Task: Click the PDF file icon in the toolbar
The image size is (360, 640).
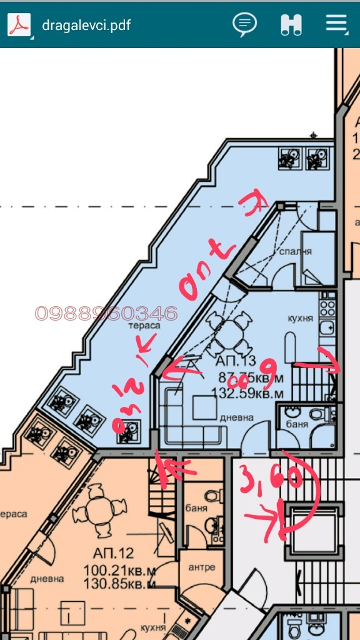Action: point(19,25)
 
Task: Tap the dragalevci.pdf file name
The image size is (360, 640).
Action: point(86,26)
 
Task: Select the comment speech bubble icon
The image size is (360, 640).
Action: point(244,24)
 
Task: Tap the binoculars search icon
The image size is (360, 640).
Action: point(291,24)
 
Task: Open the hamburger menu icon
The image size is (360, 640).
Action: point(336,24)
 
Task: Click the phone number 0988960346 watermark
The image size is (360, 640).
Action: point(106,313)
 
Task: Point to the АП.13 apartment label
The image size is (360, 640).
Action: point(236,361)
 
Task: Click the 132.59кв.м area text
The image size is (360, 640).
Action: point(247,394)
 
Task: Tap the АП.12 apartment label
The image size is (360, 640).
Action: point(113,553)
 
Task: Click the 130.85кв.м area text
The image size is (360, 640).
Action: point(119,584)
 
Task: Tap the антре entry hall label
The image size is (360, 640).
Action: point(201,567)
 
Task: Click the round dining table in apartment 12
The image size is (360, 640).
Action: point(99,514)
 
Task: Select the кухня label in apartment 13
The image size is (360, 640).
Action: point(301,317)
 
